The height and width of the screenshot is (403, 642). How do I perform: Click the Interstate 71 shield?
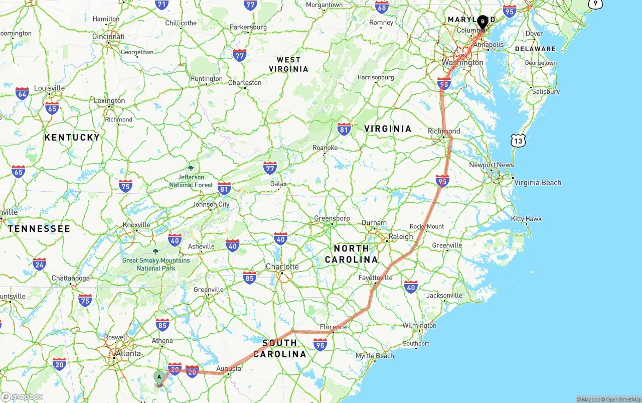point(162,5)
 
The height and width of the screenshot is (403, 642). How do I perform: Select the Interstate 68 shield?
point(382,7)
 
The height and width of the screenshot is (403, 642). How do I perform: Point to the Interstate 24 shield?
point(39,263)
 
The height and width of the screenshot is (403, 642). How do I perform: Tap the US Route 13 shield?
point(518,141)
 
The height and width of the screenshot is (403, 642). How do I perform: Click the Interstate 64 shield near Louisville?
point(22,93)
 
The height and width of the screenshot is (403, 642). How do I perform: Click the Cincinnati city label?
point(108,37)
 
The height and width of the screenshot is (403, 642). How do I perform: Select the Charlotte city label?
point(282,266)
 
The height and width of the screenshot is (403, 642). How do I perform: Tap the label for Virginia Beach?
point(538,183)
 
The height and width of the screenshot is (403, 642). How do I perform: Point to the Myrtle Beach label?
point(375,356)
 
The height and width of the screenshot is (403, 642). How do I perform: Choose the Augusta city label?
point(229,368)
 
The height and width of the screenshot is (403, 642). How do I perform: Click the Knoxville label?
point(136,225)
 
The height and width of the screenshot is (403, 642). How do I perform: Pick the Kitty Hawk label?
point(526,219)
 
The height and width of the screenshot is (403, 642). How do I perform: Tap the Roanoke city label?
point(325,148)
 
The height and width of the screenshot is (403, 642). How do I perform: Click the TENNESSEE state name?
point(39,229)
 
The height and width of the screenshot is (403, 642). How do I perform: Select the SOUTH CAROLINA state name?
point(280,348)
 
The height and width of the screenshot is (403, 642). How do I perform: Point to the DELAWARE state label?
point(536,49)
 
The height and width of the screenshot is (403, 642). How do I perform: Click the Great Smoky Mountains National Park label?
point(156,264)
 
